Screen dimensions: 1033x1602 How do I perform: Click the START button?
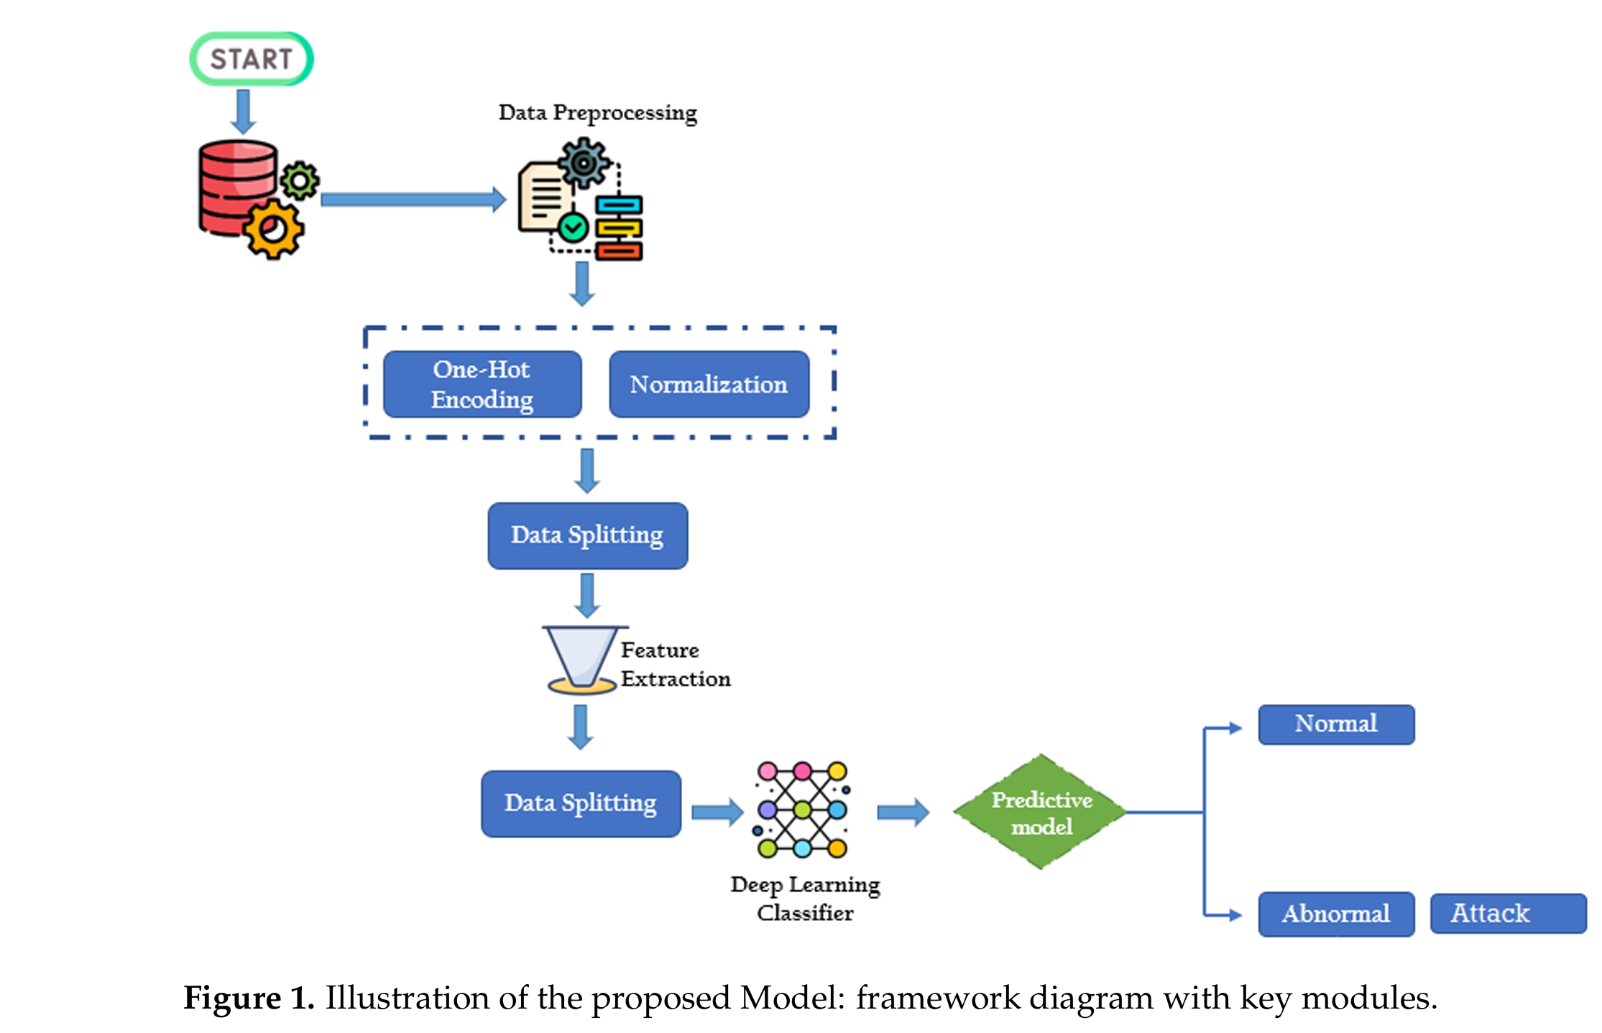[251, 59]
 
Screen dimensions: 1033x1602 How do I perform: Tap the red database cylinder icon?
[234, 183]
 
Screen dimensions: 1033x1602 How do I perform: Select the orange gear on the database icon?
[273, 230]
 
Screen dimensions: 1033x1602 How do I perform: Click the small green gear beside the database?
[300, 180]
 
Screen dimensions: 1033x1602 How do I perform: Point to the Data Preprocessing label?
[597, 113]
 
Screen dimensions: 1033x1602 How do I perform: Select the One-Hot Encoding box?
[482, 384]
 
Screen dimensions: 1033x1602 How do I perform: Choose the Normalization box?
[709, 384]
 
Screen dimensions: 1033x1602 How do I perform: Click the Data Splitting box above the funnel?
[587, 535]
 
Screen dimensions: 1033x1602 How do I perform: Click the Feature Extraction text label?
[674, 664]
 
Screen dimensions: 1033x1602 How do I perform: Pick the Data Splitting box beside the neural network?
[581, 803]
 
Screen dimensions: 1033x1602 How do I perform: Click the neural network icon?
[802, 810]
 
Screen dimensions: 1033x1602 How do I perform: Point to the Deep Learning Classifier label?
[805, 898]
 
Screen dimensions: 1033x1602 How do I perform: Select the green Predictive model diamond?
[1041, 812]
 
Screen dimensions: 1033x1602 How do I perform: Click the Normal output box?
[1335, 724]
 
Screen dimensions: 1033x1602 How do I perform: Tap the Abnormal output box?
[1335, 914]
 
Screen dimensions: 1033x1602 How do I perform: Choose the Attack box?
[1507, 913]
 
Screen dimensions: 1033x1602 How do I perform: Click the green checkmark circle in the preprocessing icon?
[573, 228]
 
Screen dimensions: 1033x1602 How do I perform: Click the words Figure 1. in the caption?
[249, 998]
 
